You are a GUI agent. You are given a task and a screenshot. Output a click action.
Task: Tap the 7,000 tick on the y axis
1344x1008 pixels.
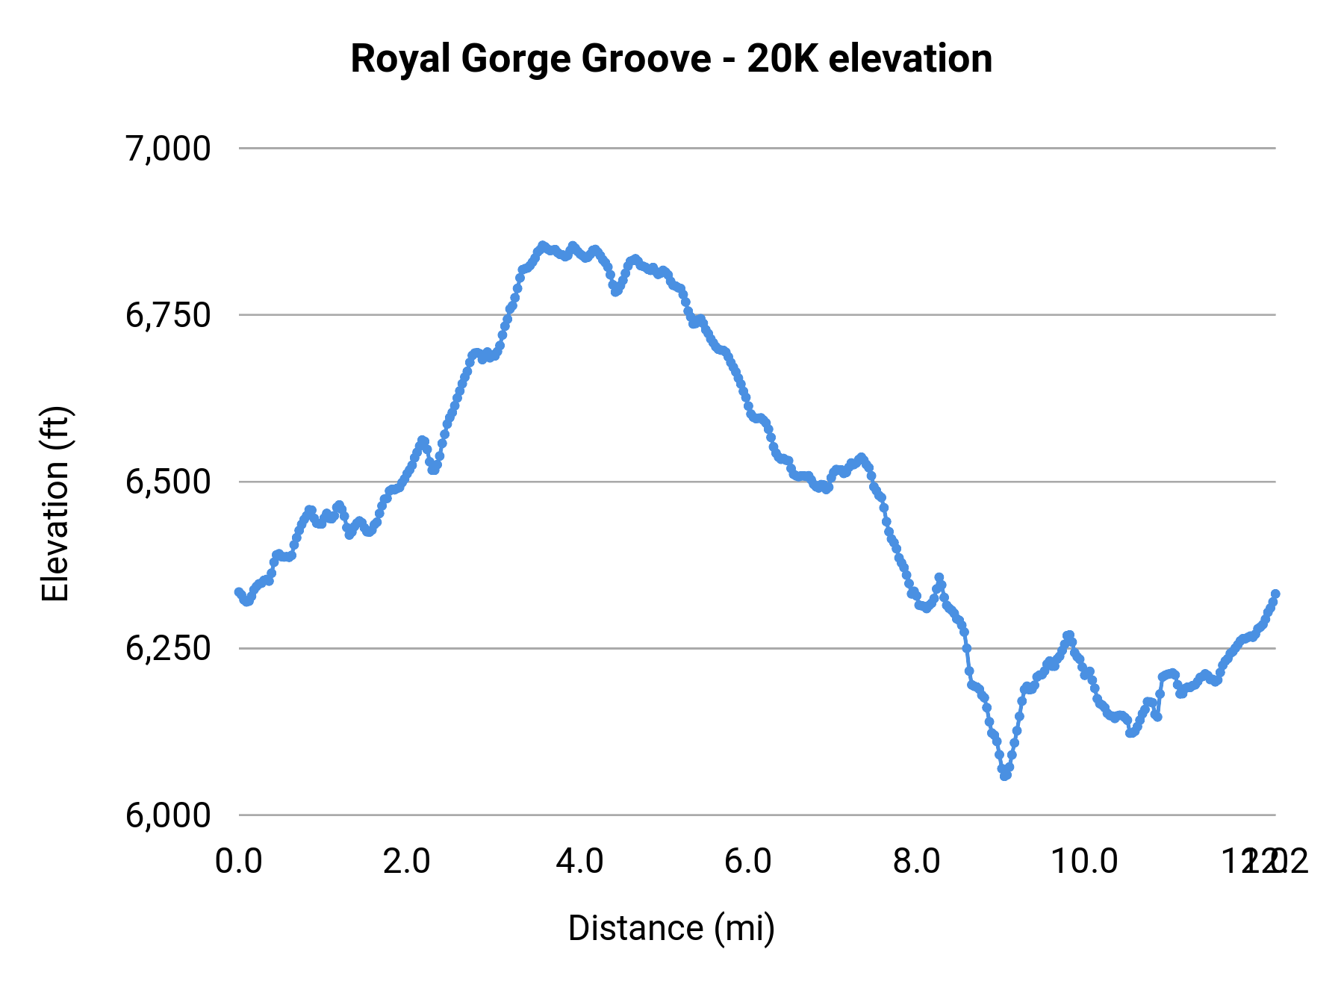[168, 149]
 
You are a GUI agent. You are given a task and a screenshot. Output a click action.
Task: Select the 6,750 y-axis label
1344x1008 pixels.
[168, 315]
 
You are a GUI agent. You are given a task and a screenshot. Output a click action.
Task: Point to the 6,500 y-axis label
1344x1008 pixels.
[168, 482]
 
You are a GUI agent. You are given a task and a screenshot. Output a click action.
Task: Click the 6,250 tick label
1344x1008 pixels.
[168, 648]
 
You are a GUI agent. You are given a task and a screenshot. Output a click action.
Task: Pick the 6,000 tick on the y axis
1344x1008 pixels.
[168, 815]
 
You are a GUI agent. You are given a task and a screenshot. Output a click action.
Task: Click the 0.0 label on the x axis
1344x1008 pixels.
[238, 861]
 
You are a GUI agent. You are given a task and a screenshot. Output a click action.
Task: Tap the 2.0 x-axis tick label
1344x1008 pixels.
[407, 861]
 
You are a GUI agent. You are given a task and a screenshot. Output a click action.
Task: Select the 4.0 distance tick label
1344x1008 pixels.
[579, 861]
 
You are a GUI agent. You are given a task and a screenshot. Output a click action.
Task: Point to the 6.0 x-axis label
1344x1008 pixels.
[748, 861]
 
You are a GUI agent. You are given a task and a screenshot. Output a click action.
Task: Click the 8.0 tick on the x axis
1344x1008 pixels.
[917, 861]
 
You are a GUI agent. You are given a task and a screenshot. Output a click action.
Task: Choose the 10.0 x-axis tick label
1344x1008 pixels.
[1084, 861]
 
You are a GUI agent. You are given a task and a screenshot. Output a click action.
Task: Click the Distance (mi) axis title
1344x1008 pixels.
[671, 928]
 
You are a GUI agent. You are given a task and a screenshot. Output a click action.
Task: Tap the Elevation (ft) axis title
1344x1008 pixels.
[55, 504]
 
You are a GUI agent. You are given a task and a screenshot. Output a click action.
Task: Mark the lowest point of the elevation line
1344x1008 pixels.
[1005, 776]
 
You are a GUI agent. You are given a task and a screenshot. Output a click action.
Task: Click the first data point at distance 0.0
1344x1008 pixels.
[239, 592]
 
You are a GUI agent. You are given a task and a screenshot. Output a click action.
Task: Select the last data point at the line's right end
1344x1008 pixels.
[1275, 594]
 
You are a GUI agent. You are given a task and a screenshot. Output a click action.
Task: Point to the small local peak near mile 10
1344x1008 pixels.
[1068, 635]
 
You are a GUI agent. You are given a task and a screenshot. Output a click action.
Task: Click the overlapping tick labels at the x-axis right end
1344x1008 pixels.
[1264, 861]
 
